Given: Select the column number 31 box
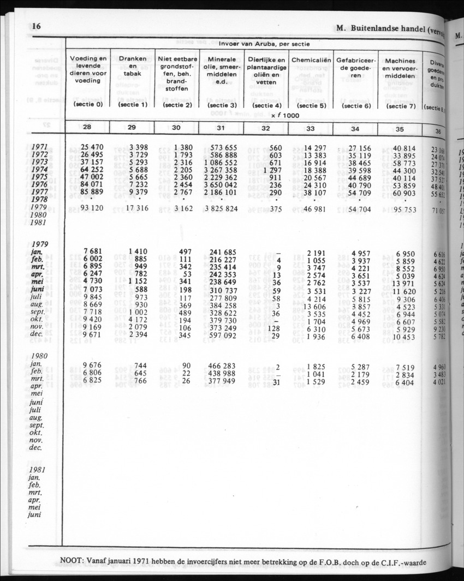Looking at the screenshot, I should coord(221,128).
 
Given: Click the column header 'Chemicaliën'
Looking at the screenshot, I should coord(311,60).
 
